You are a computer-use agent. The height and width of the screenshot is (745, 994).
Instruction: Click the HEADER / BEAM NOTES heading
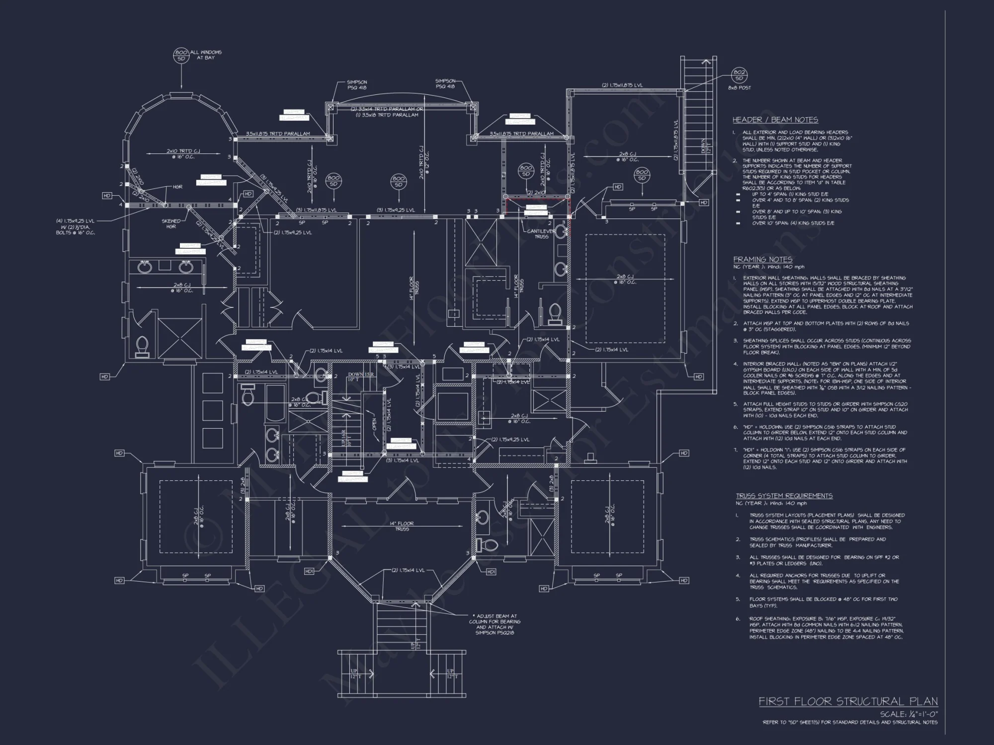click(775, 120)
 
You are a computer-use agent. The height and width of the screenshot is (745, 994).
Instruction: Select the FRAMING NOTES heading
click(762, 259)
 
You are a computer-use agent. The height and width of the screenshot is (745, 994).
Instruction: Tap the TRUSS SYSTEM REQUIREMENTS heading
click(784, 496)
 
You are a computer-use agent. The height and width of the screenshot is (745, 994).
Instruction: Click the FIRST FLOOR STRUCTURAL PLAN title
click(848, 701)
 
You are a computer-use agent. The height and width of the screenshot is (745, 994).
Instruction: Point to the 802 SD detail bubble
click(739, 75)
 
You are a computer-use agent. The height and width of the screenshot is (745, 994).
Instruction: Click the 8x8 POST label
click(739, 88)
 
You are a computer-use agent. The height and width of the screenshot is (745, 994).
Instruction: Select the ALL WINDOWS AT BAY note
click(205, 55)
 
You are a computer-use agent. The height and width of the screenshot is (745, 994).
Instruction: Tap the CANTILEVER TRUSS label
click(542, 233)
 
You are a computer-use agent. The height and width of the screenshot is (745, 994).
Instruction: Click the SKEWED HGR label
click(171, 224)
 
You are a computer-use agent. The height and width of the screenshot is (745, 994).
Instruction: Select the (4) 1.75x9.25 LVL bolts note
click(76, 226)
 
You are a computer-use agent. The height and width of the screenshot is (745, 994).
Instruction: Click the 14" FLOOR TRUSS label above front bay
click(402, 526)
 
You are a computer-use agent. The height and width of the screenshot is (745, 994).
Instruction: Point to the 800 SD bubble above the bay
click(181, 55)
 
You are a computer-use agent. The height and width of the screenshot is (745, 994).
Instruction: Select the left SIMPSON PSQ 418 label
click(357, 84)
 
